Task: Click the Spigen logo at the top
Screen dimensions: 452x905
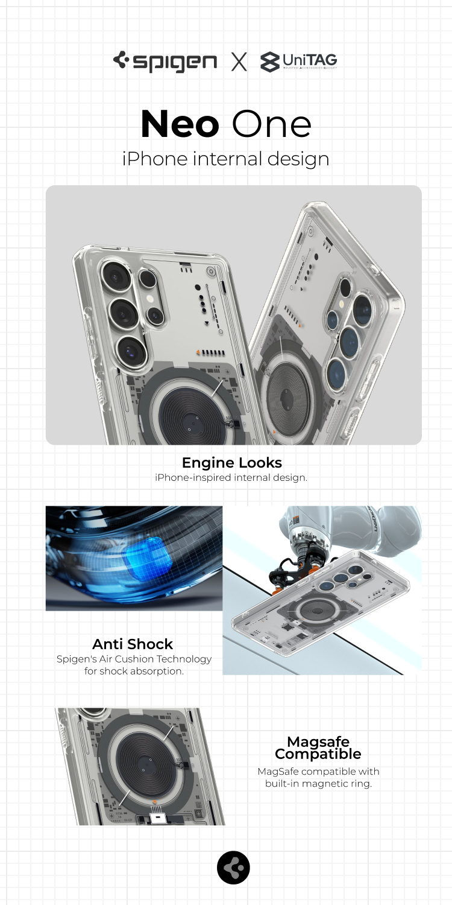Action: (x=165, y=62)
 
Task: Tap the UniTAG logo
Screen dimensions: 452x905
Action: (x=299, y=62)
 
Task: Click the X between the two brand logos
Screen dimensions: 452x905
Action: (x=239, y=62)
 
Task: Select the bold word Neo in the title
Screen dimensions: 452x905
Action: (x=180, y=124)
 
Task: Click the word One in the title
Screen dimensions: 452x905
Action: (x=271, y=124)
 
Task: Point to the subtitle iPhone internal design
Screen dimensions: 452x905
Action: (x=225, y=159)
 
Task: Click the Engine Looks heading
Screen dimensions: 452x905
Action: (x=231, y=463)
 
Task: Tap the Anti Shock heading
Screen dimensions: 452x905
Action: (x=133, y=644)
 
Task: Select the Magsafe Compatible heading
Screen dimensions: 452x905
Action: (x=318, y=748)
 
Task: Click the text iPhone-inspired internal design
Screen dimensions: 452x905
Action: (x=231, y=478)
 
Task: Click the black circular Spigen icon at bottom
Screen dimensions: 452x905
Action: (x=233, y=868)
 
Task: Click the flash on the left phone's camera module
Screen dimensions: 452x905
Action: (x=151, y=299)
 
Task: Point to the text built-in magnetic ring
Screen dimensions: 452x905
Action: (x=318, y=784)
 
